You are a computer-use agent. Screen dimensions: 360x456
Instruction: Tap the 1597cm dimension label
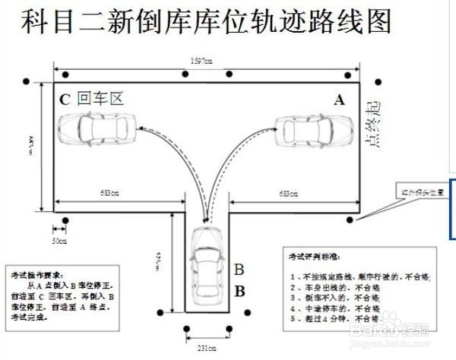click(203, 62)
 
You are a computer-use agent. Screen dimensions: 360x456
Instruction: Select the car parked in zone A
click(312, 129)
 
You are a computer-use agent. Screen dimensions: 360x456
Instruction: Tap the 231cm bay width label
click(206, 347)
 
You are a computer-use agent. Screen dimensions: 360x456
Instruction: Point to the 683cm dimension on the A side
click(288, 194)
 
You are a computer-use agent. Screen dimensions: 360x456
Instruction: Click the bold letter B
click(239, 290)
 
